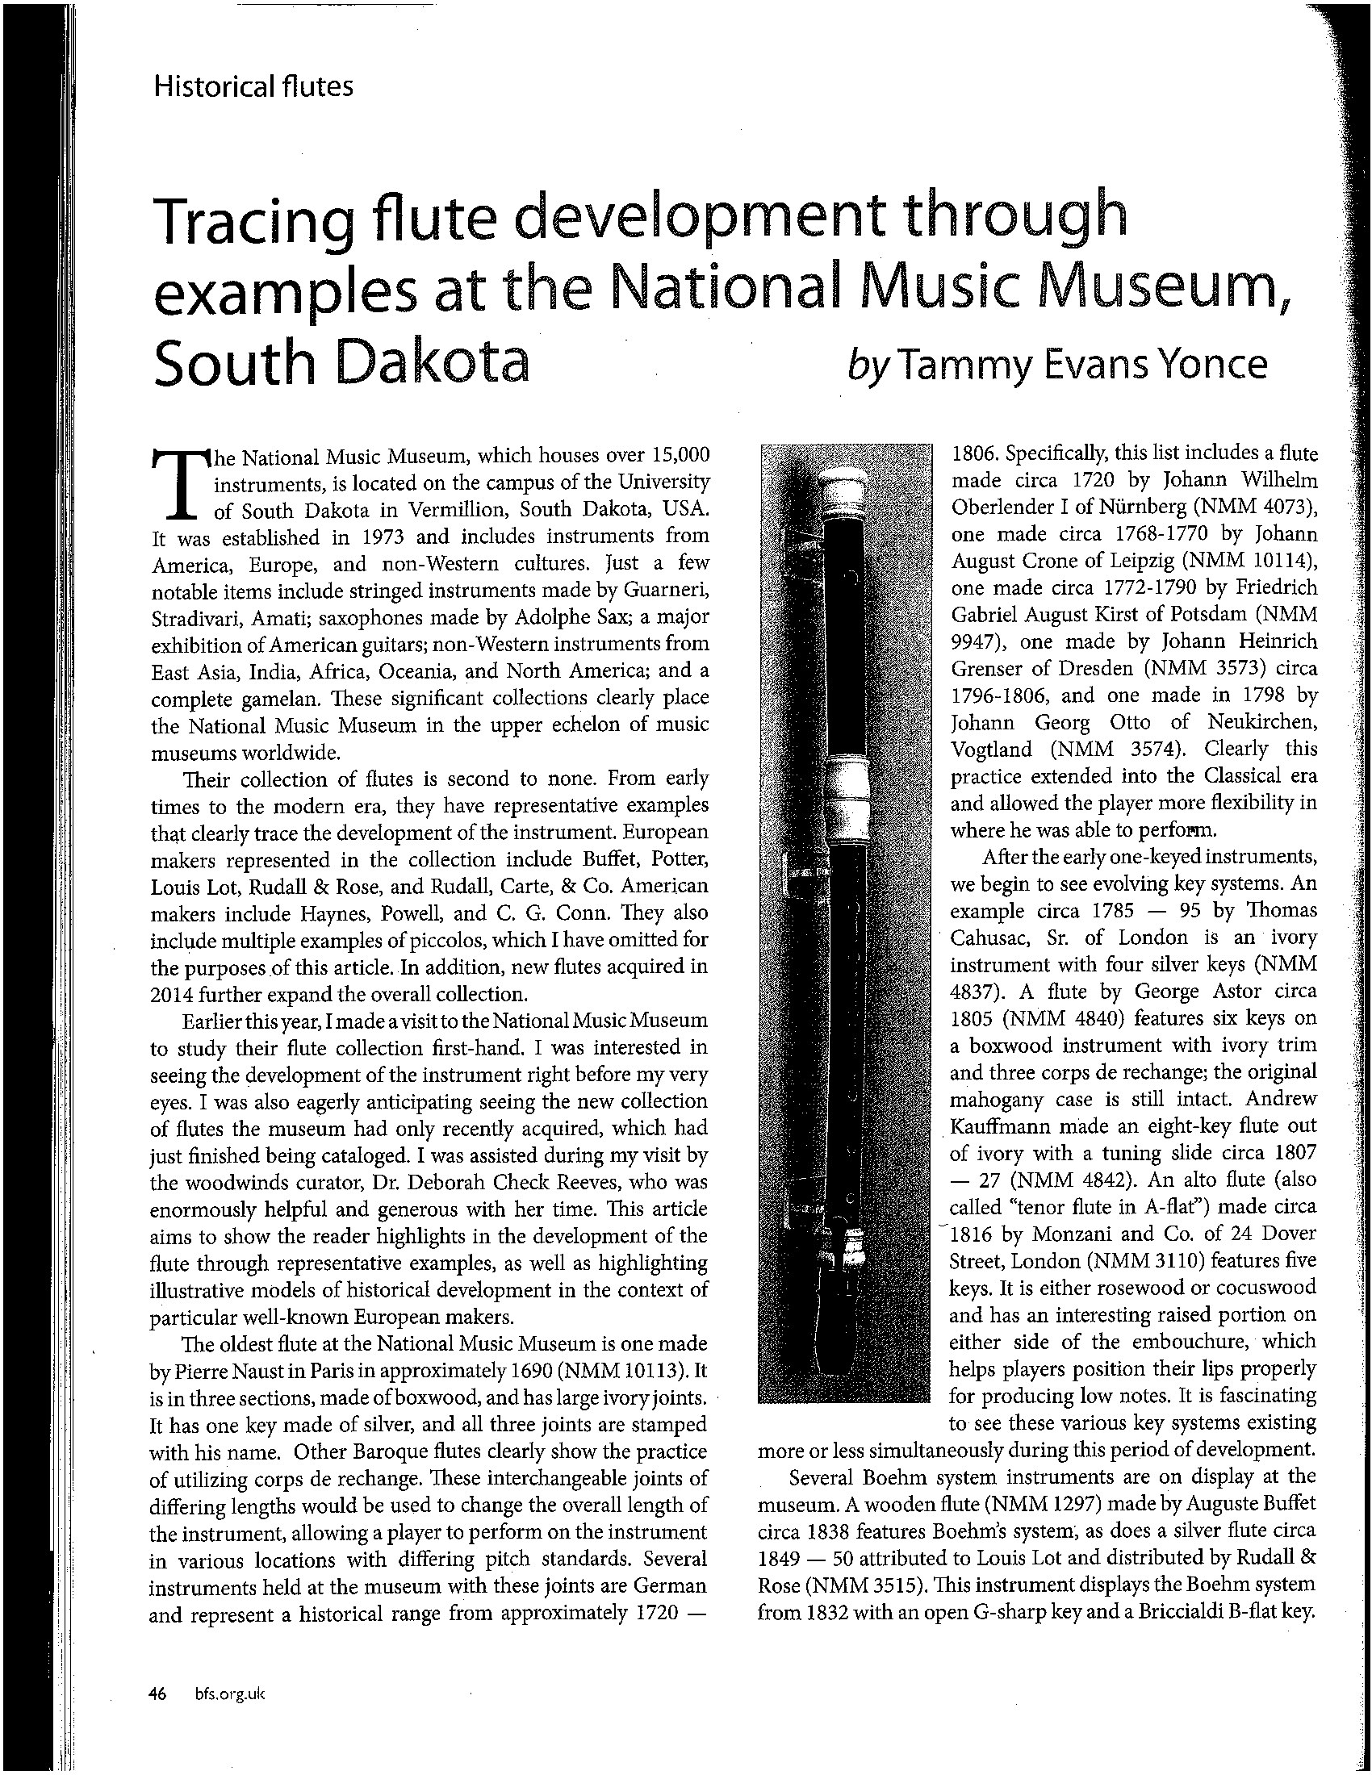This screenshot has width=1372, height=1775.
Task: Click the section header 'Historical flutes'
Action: pos(253,86)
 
